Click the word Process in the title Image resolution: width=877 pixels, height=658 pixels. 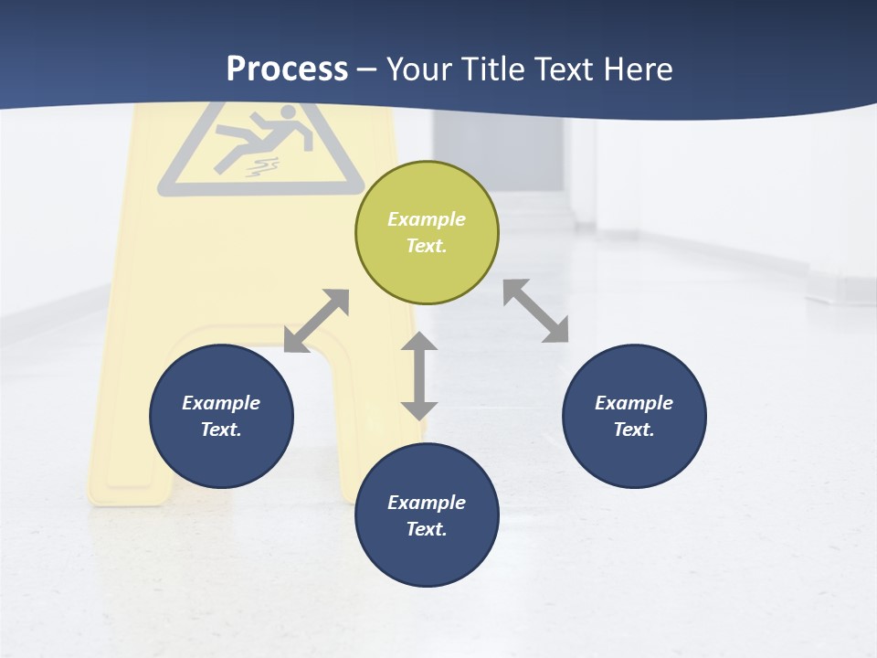[287, 69]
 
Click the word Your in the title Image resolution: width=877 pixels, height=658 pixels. [421, 69]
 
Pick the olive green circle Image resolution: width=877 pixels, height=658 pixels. [427, 232]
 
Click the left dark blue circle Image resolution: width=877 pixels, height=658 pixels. [221, 416]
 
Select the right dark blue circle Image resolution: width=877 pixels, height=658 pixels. [634, 416]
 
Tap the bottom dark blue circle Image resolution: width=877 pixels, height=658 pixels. [427, 515]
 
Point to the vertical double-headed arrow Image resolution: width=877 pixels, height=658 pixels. [419, 376]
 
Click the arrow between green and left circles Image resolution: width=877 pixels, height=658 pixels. [316, 321]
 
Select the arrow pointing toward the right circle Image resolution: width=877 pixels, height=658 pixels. [535, 311]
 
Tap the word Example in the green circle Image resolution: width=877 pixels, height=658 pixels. [427, 219]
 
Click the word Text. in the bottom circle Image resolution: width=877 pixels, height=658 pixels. [427, 529]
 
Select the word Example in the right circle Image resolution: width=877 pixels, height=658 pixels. [634, 403]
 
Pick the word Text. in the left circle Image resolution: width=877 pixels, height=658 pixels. [221, 430]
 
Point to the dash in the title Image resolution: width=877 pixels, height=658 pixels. [366, 69]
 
